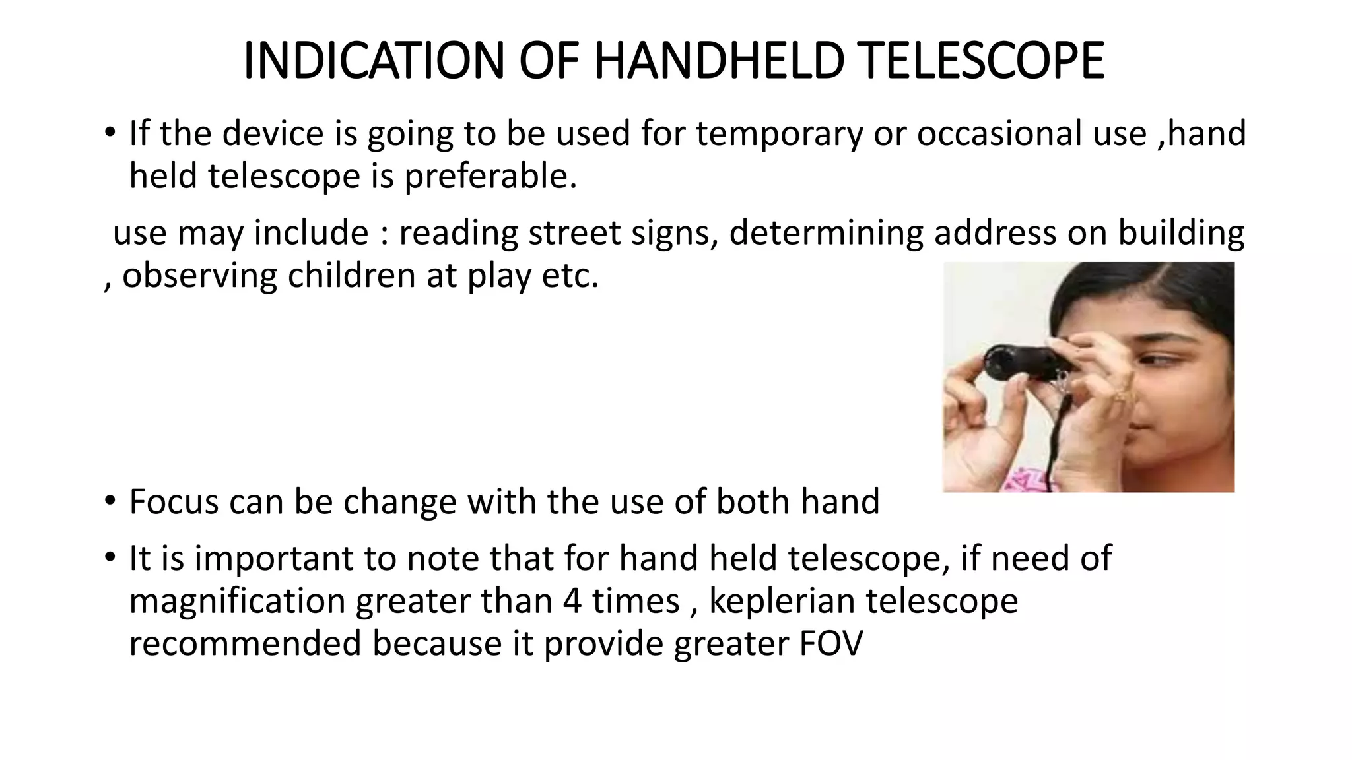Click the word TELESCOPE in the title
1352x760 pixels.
[x=983, y=61]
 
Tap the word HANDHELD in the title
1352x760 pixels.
[x=719, y=61]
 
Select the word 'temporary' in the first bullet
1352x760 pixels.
[x=779, y=134]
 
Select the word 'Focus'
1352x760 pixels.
[x=174, y=502]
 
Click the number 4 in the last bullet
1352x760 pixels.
[x=572, y=601]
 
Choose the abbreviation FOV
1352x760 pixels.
[x=830, y=644]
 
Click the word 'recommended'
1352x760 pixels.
[x=245, y=644]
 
